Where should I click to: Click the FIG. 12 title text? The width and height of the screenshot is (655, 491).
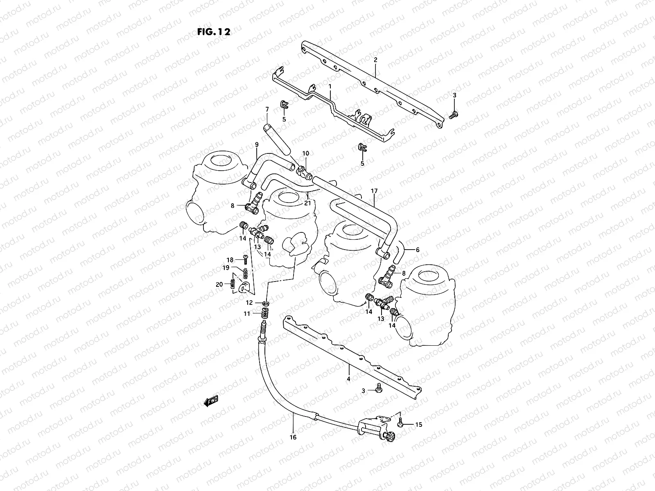click(213, 32)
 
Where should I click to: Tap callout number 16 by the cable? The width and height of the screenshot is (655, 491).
click(293, 437)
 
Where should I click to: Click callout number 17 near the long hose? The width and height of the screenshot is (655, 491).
click(374, 191)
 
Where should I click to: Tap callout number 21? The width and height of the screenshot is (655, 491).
click(307, 203)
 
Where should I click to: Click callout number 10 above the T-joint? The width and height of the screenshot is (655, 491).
click(305, 153)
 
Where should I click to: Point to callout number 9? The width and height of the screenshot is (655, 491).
click(257, 144)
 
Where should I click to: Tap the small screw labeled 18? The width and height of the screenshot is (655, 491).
click(245, 259)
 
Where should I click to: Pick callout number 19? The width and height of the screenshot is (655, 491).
click(226, 268)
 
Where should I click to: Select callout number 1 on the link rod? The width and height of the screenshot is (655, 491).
click(330, 87)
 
